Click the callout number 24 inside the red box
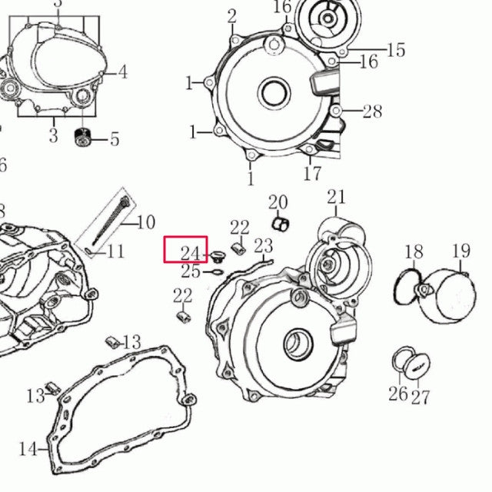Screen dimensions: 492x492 pyautogui.click(x=190, y=254)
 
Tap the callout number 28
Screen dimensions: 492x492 pyautogui.click(x=372, y=111)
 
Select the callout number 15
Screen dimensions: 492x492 pyautogui.click(x=395, y=51)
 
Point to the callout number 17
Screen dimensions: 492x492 pyautogui.click(x=311, y=174)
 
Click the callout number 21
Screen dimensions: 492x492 pyautogui.click(x=337, y=198)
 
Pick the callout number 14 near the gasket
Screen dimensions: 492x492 pyautogui.click(x=28, y=449)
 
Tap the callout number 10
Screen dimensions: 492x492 pyautogui.click(x=145, y=223)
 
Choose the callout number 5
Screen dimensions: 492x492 pyautogui.click(x=115, y=139)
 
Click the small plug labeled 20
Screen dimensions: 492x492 pyautogui.click(x=281, y=224)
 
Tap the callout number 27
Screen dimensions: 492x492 pyautogui.click(x=420, y=397)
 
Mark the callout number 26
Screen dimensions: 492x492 pyautogui.click(x=397, y=394)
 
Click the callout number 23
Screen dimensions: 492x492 pyautogui.click(x=264, y=246)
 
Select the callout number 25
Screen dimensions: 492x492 pyautogui.click(x=191, y=271)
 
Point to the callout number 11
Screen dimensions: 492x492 pyautogui.click(x=115, y=251)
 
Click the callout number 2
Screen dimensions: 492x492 pyautogui.click(x=232, y=16)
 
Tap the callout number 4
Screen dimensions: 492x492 pyautogui.click(x=123, y=73)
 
